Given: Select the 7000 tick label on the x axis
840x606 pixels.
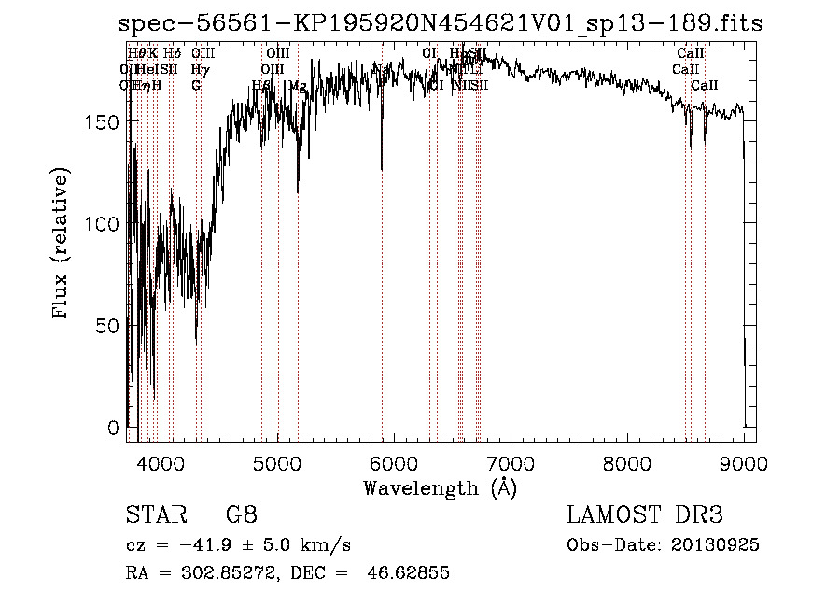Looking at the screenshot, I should (x=510, y=462).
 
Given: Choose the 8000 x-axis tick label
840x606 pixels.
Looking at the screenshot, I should (x=627, y=462).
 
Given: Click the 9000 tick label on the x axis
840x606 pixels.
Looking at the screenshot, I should (x=744, y=462).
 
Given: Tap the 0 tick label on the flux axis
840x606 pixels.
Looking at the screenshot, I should (x=114, y=428).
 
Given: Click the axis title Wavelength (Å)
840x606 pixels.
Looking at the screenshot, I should (x=440, y=487).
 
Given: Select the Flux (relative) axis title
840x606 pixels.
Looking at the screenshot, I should (x=63, y=245).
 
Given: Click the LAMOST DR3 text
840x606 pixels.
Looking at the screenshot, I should (x=645, y=515).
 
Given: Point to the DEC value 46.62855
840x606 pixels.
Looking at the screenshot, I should (x=412, y=573).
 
